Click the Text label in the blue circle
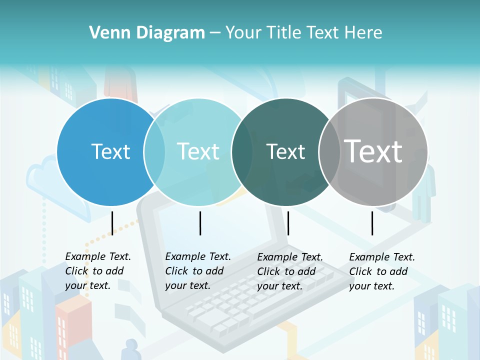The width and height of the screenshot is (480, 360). click(110, 151)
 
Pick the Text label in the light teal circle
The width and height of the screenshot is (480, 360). click(198, 151)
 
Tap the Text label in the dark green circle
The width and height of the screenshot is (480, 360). click(285, 151)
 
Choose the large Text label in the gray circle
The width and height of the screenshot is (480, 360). click(373, 151)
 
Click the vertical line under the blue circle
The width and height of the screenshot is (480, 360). click(112, 223)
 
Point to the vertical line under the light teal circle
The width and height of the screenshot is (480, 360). click(200, 223)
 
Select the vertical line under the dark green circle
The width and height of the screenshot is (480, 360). click(288, 223)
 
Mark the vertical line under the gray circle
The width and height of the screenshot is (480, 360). click(372, 223)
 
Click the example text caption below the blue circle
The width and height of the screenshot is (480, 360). click(97, 271)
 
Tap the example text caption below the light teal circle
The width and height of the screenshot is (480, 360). click(197, 271)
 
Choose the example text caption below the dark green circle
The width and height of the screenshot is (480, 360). click(289, 271)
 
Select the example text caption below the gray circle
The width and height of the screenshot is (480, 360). click(381, 271)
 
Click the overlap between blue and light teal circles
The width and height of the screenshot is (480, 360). click(155, 152)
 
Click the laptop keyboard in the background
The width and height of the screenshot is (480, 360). click(250, 300)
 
